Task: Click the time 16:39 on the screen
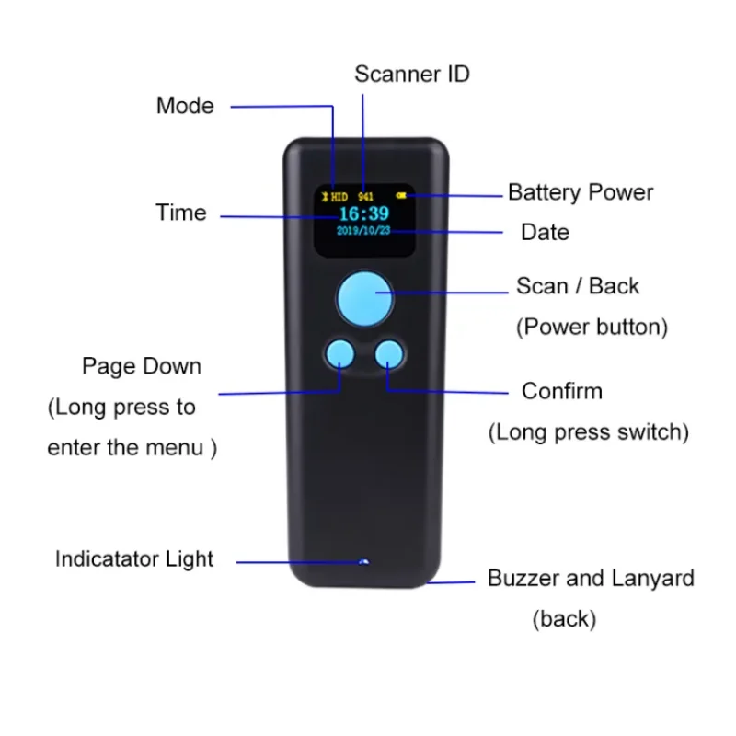364,213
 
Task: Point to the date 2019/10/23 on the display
364,232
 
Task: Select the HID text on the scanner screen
339,197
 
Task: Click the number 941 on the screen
365,197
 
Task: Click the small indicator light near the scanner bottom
364,560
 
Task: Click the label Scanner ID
411,75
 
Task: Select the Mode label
185,106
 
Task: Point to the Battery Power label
580,193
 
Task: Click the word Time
180,213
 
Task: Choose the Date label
545,233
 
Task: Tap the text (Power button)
592,328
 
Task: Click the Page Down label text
142,366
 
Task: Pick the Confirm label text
561,391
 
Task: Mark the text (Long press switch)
588,431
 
